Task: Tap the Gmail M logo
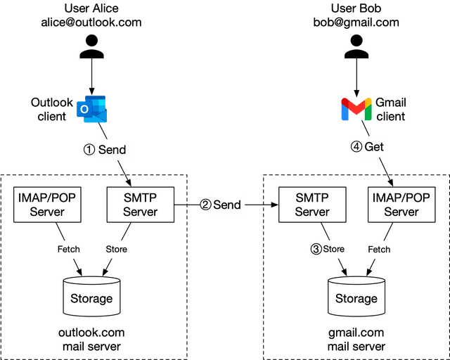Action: tap(356, 110)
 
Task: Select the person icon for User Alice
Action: tap(91, 46)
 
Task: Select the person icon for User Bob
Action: tap(356, 46)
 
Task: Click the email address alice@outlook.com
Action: tap(91, 22)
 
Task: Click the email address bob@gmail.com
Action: tap(356, 22)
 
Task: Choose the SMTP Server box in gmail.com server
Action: tap(311, 204)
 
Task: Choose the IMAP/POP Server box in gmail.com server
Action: tap(401, 204)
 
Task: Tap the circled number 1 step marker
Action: tap(89, 150)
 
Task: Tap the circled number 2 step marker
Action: tap(205, 205)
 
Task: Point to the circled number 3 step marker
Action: tap(316, 248)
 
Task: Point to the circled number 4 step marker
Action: tap(356, 147)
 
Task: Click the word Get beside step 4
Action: tap(374, 147)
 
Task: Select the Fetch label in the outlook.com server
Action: tap(68, 249)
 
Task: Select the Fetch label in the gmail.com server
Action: tap(379, 249)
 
